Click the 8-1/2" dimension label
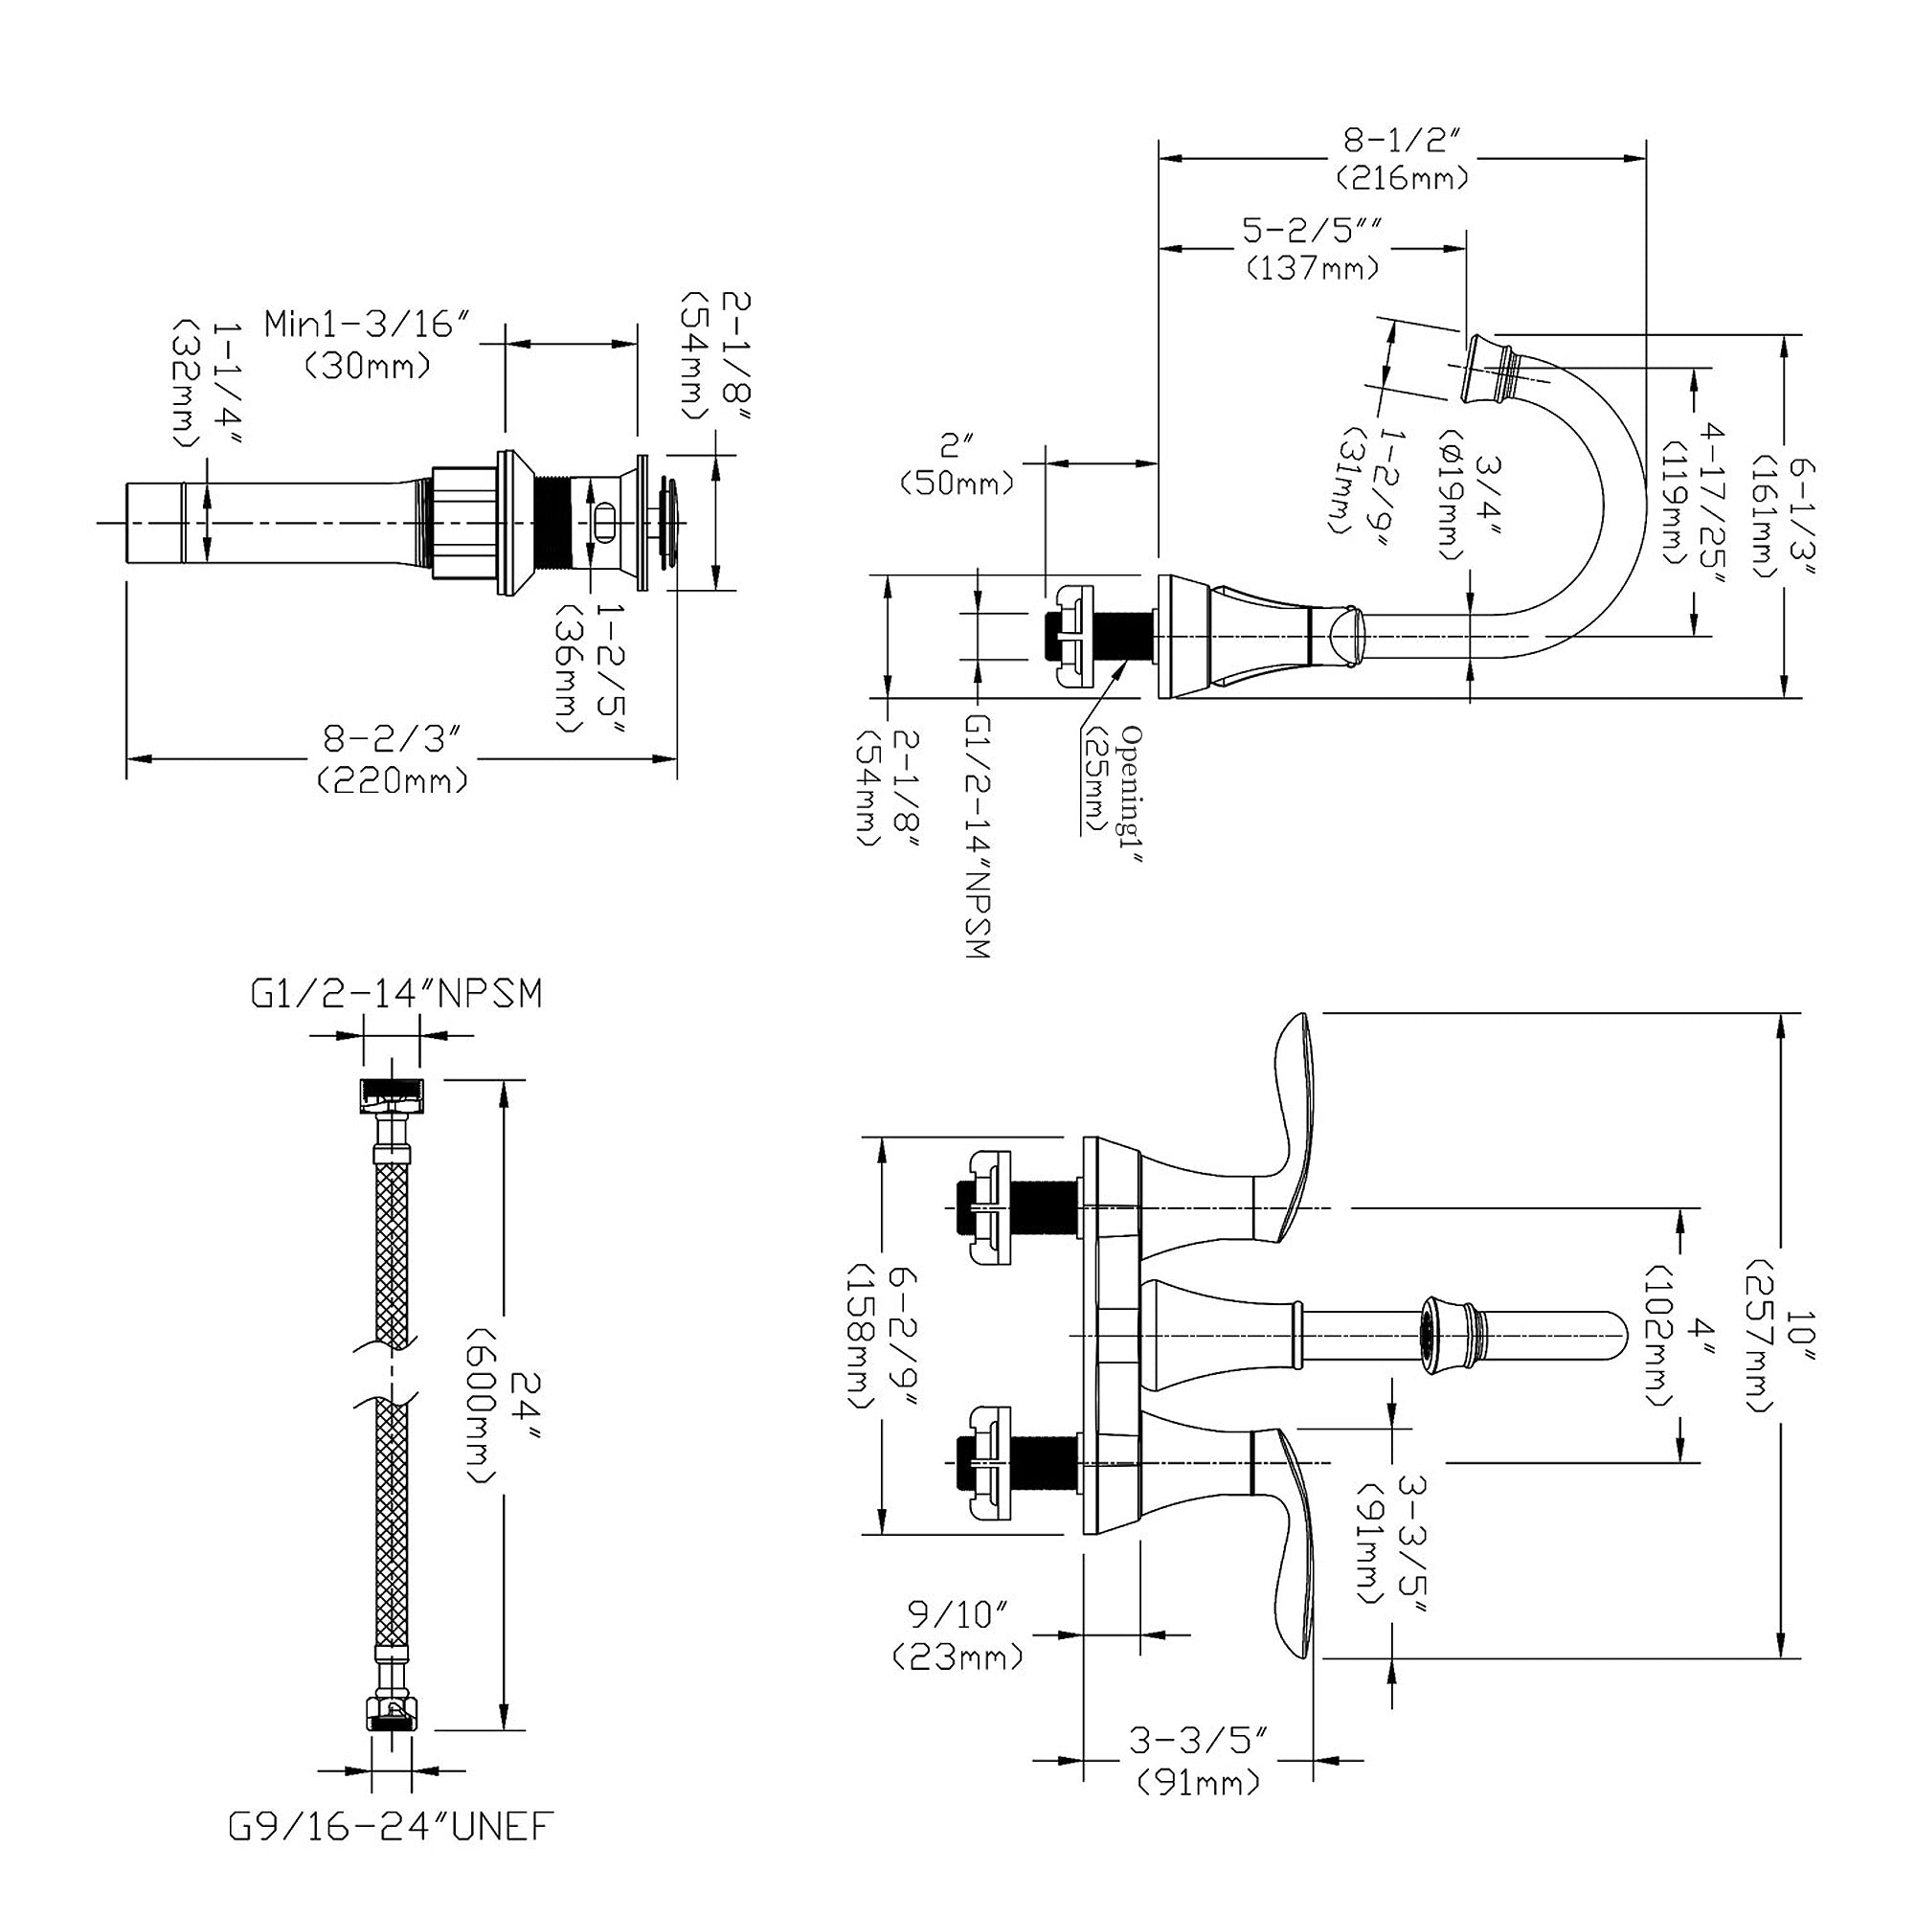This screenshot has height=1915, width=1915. coord(1402,142)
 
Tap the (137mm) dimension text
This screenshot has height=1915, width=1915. coord(1313,268)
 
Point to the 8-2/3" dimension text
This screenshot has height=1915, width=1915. coord(394,739)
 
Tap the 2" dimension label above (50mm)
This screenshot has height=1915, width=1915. coord(956,440)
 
